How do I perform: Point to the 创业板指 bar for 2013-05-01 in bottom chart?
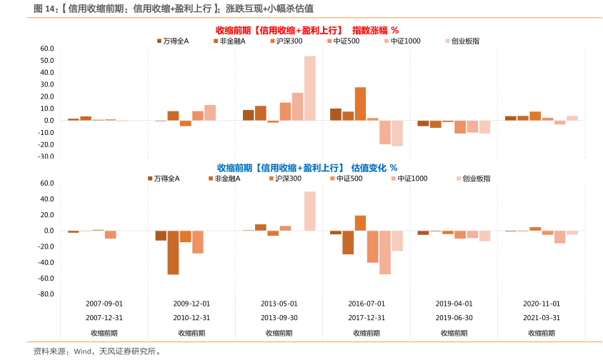click(x=309, y=211)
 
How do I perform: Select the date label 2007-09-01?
click(x=104, y=304)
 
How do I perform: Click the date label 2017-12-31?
click(x=367, y=318)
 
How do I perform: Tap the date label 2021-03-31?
click(x=542, y=318)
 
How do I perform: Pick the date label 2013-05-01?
click(x=279, y=304)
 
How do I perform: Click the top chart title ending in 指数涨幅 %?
click(x=307, y=30)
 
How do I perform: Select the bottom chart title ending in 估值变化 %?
click(x=307, y=168)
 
